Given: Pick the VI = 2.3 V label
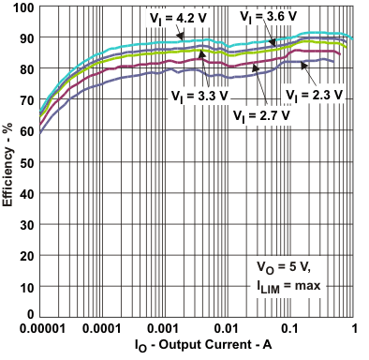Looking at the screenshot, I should [316, 96].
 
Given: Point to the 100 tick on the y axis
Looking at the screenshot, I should [24, 7].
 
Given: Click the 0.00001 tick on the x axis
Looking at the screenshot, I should [41, 329].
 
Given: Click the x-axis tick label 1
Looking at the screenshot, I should [353, 329].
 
